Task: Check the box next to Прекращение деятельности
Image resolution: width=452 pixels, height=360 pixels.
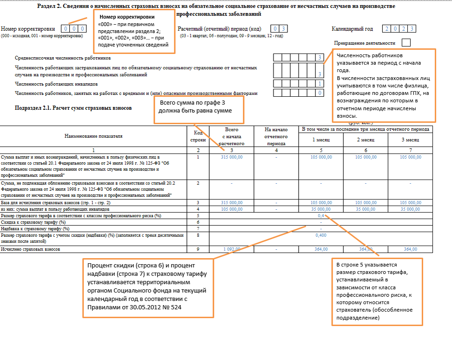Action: pyautogui.click(x=406, y=43)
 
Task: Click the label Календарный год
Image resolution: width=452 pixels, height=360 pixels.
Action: pyautogui.click(x=352, y=29)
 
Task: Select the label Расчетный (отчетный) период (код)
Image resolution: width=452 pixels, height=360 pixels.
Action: pyautogui.click(x=219, y=29)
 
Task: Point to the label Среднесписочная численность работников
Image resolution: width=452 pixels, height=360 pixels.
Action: pyautogui.click(x=63, y=58)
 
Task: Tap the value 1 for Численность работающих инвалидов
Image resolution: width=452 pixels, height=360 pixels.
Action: pyautogui.click(x=319, y=84)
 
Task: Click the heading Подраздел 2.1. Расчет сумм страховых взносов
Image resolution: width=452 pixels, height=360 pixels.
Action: pyautogui.click(x=73, y=108)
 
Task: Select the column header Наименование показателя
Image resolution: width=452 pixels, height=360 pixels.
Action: pyautogui.click(x=93, y=136)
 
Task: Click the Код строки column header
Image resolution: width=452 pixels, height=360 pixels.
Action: pyautogui.click(x=198, y=136)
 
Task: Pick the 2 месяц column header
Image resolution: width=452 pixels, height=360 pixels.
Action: pyautogui.click(x=366, y=140)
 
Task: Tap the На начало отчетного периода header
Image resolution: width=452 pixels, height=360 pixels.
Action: pyautogui.click(x=276, y=136)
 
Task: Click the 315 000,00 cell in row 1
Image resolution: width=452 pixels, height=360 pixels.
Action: pyautogui.click(x=231, y=157)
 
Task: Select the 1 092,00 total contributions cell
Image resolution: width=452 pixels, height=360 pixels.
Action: pyautogui.click(x=231, y=249)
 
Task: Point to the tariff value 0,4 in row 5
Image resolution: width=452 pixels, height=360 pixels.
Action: pyautogui.click(x=321, y=216)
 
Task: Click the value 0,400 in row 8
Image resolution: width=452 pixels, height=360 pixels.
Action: pyautogui.click(x=321, y=235)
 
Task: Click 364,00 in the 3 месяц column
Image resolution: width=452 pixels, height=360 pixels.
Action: pyautogui.click(x=410, y=249)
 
